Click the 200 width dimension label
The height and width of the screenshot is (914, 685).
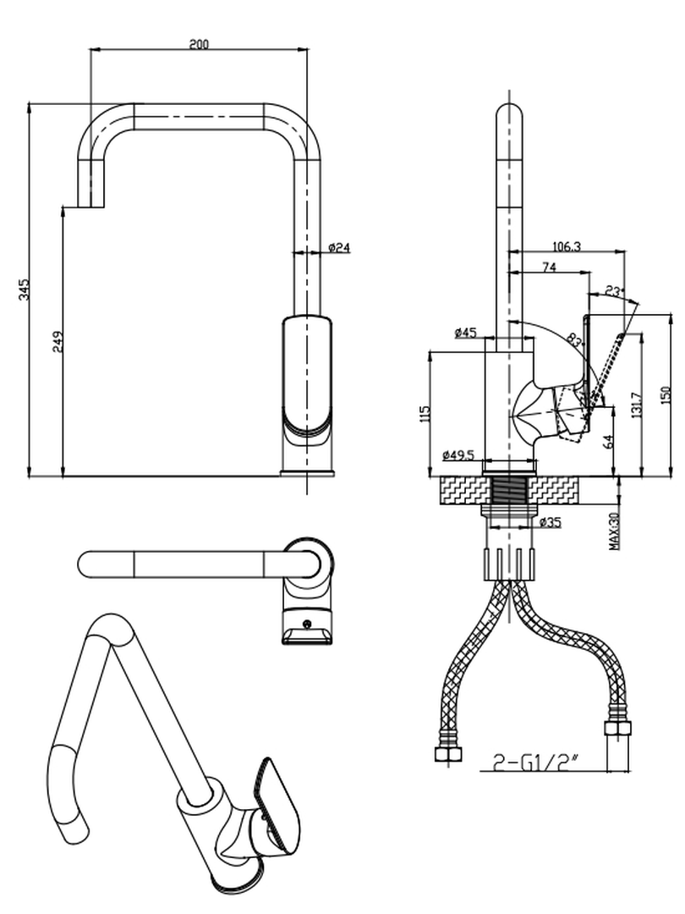coord(199,44)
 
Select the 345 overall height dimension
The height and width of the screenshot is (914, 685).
coord(25,289)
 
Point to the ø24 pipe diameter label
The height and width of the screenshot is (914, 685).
coord(339,247)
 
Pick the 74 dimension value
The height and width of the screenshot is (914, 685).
coord(549,267)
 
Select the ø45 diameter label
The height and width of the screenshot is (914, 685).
coord(466,333)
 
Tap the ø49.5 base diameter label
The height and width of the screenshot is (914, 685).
coord(458,455)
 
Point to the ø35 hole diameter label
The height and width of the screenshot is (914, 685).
coord(549,523)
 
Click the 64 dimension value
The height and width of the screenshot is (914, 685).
coord(608,440)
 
